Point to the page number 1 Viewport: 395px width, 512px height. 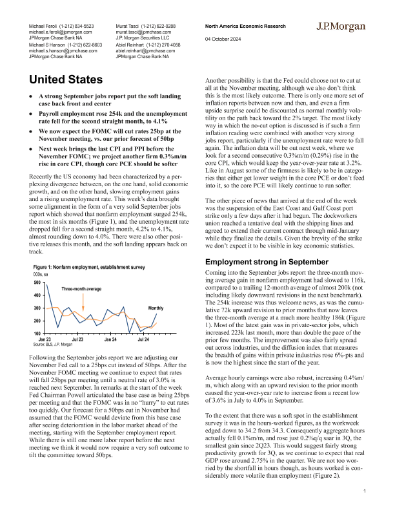click(x=365, y=492)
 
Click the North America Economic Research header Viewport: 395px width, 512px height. click(x=245, y=25)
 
